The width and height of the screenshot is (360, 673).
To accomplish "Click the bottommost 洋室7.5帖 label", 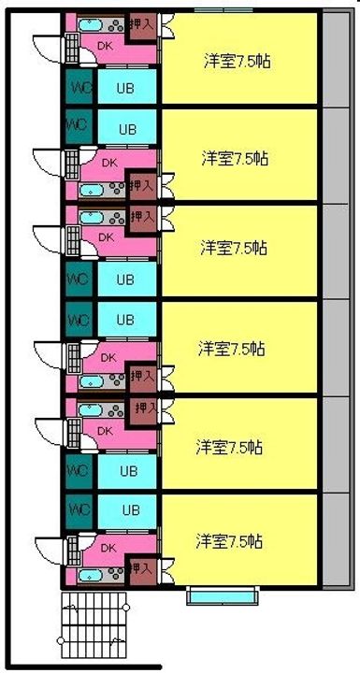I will point(228,541).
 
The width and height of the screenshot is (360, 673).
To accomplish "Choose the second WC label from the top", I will point(77,123).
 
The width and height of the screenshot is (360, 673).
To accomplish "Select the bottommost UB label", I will point(130,510).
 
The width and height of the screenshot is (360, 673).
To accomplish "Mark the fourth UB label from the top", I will point(124,320).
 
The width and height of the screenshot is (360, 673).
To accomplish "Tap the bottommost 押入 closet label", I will point(141,567).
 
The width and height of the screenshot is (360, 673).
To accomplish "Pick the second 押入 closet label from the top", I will point(141,187).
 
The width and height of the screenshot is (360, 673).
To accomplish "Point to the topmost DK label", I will point(106,44).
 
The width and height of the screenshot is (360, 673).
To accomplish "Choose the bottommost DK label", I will point(108,548).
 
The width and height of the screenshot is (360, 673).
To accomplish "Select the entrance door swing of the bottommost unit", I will point(47,548).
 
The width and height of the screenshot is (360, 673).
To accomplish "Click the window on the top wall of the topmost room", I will point(222,11).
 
